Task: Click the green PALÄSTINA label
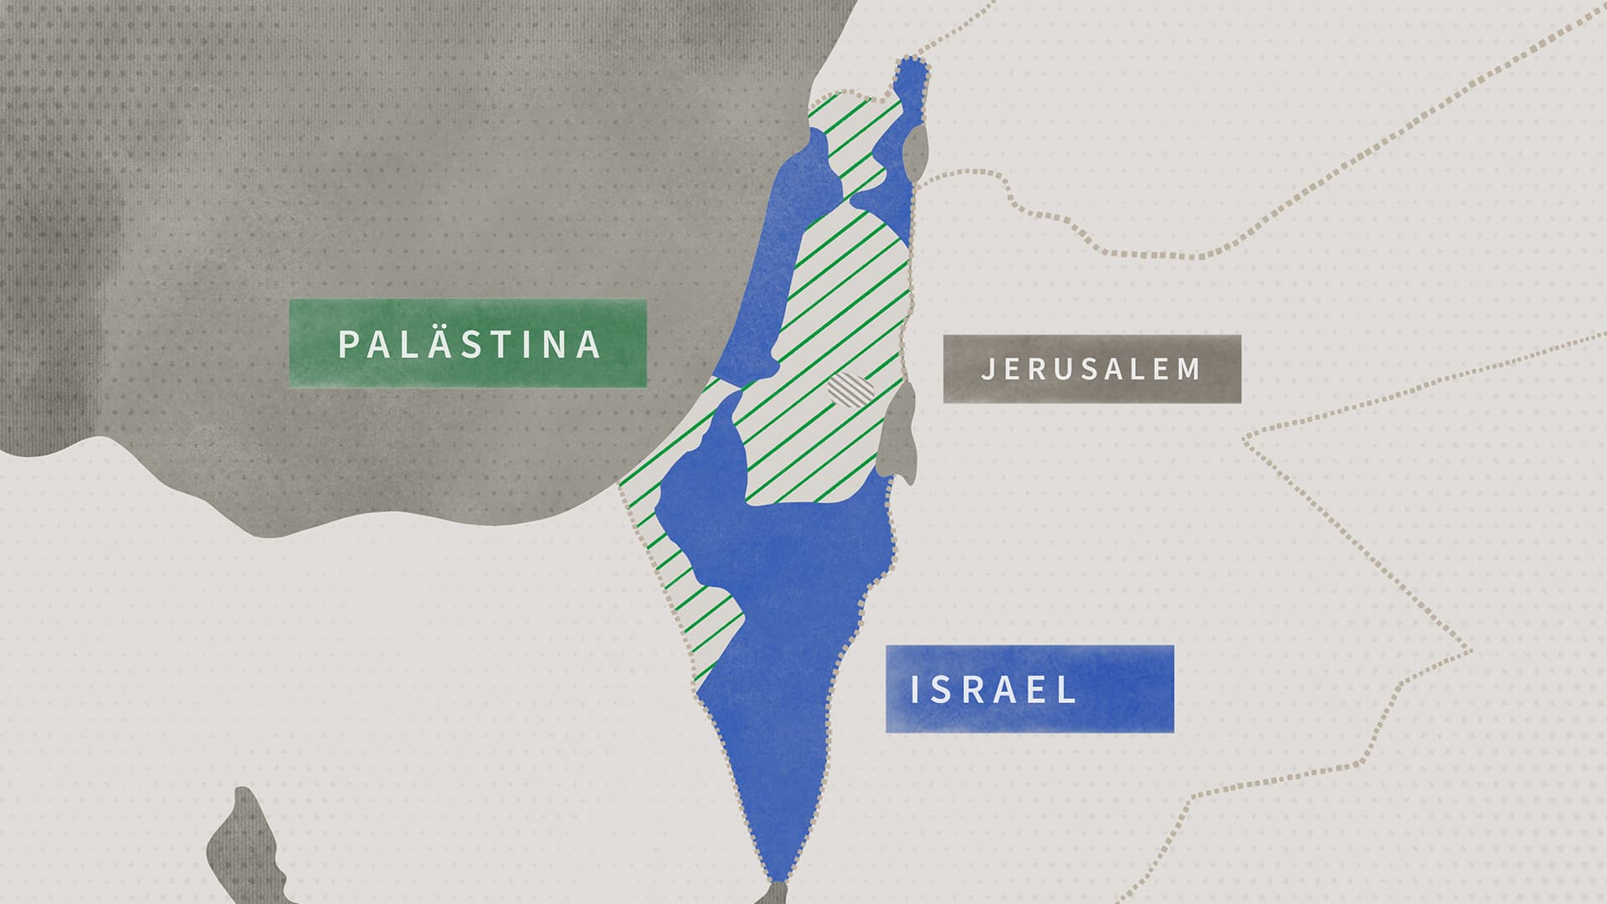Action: (468, 343)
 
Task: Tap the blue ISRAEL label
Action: (1029, 689)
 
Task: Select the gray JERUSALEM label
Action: (1091, 369)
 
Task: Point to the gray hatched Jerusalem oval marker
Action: (850, 388)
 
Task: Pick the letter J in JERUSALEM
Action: (987, 370)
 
